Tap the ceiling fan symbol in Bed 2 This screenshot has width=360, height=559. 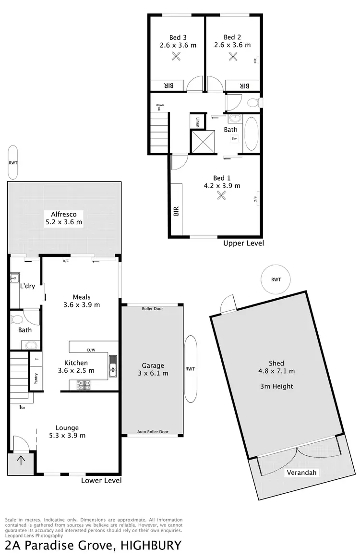point(234,57)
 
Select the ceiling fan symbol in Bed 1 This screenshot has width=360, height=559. point(221,195)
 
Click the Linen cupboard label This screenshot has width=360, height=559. point(197,122)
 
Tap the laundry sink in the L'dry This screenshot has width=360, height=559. point(15,277)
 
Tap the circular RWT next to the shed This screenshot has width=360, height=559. point(276,279)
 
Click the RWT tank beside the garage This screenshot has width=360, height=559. point(190,369)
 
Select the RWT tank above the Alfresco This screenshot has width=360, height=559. point(13,163)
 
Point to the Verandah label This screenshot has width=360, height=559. point(302,473)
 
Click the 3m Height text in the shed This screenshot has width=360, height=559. point(276,386)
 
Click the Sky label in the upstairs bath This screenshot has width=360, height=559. point(234,138)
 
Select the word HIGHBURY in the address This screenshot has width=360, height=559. point(151,546)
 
